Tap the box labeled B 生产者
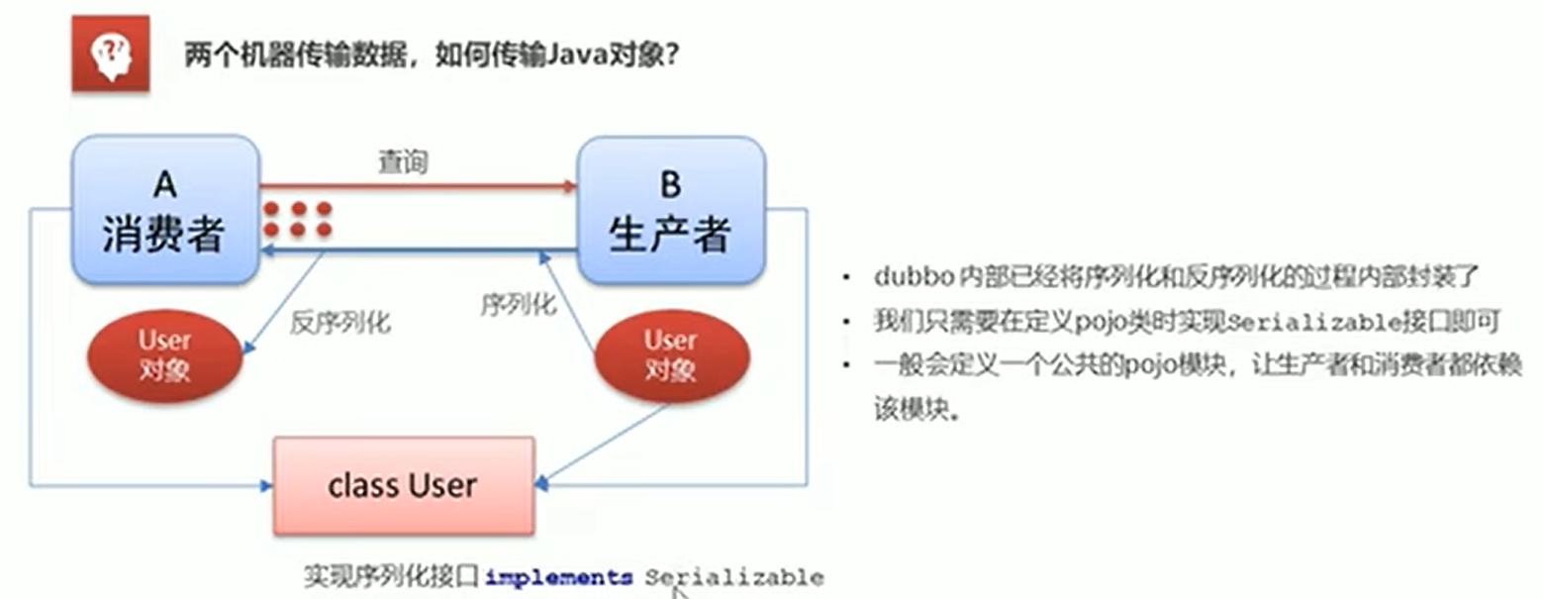pyautogui.click(x=670, y=209)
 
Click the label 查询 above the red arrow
pyautogui.click(x=403, y=162)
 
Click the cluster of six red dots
pyautogui.click(x=297, y=219)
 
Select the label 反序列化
pyautogui.click(x=340, y=322)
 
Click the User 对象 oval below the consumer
pyautogui.click(x=165, y=355)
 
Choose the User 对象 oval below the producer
pyautogui.click(x=670, y=355)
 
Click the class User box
pyautogui.click(x=403, y=485)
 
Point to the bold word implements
pyautogui.click(x=559, y=576)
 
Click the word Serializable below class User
pyautogui.click(x=734, y=576)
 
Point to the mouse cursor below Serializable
pyautogui.click(x=677, y=591)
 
